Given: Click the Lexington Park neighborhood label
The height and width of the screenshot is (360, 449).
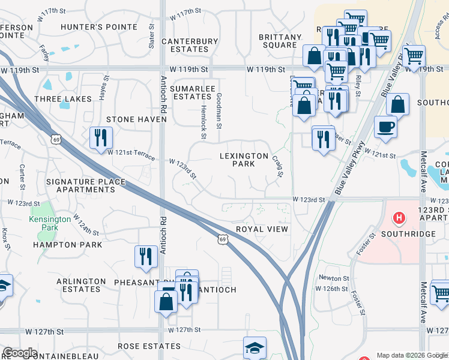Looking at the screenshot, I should pos(244,160).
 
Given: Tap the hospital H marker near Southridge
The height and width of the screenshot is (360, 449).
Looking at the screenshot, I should pos(398,217).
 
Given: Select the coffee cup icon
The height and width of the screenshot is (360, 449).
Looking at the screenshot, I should pos(385,127).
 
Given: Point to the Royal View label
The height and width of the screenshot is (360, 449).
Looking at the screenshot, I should pos(262,229).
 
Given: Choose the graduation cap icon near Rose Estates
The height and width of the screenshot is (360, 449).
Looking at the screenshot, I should pos(255,348).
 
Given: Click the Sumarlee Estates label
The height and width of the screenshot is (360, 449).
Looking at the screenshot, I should pos(192,92).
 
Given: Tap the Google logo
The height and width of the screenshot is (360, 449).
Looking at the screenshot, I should pos(20,353).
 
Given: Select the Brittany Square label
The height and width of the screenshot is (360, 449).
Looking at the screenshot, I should pos(280,41).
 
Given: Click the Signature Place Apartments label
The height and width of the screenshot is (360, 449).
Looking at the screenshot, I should pos(85,185).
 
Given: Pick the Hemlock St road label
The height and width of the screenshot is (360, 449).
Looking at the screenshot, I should pos(203,127).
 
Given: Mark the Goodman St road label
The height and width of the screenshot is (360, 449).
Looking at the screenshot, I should pos(220,111).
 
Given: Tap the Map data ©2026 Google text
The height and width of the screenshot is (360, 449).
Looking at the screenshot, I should pos(411,355).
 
